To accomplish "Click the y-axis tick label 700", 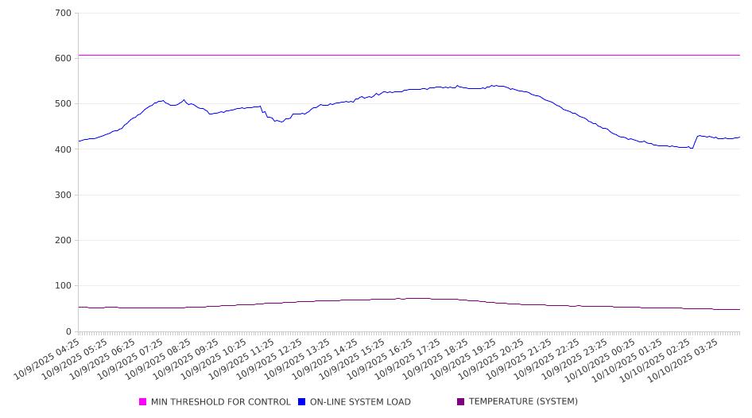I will (x=64, y=14).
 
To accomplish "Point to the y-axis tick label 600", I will (x=64, y=59).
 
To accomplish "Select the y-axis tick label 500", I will (x=64, y=104).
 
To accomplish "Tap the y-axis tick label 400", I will (x=64, y=149).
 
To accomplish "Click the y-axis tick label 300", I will (x=64, y=195).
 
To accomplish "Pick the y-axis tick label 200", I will (x=64, y=240).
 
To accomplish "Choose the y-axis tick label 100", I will (x=64, y=286).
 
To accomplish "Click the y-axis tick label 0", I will (x=69, y=331).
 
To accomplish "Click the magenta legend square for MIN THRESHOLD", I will (x=143, y=402).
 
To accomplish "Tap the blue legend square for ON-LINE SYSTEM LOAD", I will (x=302, y=402).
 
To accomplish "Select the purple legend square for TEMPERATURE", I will (x=460, y=402).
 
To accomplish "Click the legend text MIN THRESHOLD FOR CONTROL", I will (x=220, y=402).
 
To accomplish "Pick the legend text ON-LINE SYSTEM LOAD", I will (x=360, y=402).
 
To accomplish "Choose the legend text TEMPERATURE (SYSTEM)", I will (x=523, y=402).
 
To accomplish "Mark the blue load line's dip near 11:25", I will (x=281, y=122).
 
